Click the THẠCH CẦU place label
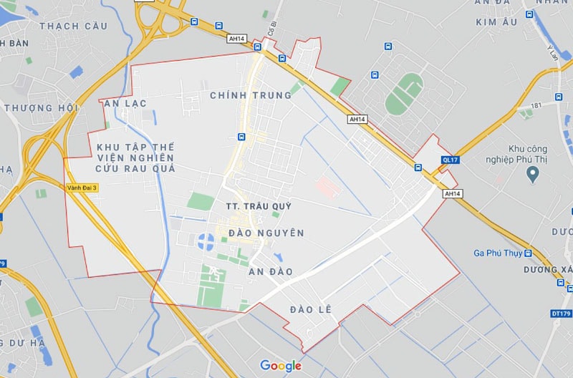click(x=74, y=26)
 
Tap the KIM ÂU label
click(x=496, y=22)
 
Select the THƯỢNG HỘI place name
click(x=39, y=108)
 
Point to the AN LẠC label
click(x=125, y=104)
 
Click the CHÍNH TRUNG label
click(x=251, y=95)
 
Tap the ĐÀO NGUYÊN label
click(x=266, y=233)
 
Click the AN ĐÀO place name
click(x=271, y=272)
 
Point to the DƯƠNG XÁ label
click(x=548, y=269)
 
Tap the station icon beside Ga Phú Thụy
click(x=528, y=253)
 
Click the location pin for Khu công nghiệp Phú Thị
click(x=532, y=174)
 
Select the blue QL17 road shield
click(x=450, y=160)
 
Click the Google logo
click(x=281, y=366)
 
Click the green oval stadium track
click(x=404, y=94)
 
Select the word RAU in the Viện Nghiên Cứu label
click(x=138, y=169)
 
